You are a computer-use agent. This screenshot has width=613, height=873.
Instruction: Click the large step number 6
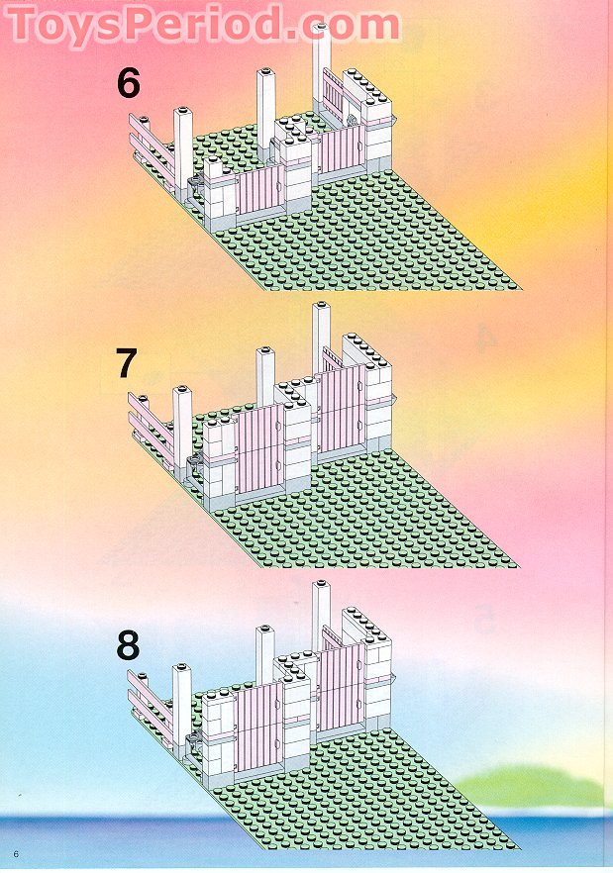point(128,83)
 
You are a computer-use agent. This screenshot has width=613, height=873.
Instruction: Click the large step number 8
point(128,645)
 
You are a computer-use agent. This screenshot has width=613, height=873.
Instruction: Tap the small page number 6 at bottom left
point(17,854)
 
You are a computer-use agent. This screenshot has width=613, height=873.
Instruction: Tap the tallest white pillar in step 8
point(321,616)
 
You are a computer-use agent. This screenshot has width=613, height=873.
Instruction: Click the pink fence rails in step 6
point(152,147)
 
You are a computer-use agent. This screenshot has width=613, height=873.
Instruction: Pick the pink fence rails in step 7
point(152,426)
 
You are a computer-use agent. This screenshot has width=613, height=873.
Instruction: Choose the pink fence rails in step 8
point(152,705)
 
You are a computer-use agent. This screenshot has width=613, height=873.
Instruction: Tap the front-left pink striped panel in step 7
point(259,448)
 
